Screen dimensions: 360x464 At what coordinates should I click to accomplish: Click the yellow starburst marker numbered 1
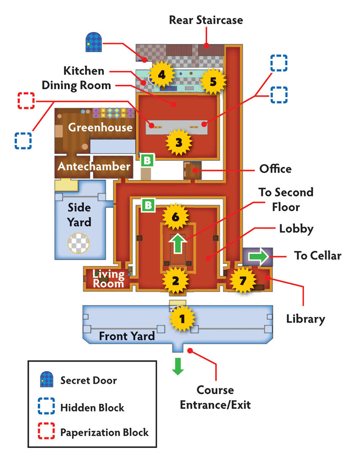coord(182,318)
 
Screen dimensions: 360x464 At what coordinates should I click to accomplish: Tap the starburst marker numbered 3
coord(178,142)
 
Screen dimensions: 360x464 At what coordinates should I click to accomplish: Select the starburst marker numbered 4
coord(161,75)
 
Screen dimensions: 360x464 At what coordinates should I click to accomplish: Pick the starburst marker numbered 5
coord(213,81)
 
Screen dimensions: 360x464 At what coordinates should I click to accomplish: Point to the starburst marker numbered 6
coord(175,217)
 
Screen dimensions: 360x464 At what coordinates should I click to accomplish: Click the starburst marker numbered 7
coord(243,280)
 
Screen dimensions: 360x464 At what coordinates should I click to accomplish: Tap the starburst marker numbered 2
coord(175,281)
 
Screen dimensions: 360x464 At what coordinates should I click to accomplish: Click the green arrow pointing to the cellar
coord(258,256)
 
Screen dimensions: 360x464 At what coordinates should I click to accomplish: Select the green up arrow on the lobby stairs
coord(177,243)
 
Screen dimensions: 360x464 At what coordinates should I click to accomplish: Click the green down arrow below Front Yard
coord(178,367)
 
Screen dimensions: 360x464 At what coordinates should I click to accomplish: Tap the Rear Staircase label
coord(206,20)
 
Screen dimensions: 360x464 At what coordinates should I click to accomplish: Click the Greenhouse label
coord(100,127)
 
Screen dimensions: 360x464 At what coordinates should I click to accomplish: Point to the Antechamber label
coord(94,166)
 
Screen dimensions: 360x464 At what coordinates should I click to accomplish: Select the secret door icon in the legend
coord(47,379)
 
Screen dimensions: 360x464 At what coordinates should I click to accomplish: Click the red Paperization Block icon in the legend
coord(46,431)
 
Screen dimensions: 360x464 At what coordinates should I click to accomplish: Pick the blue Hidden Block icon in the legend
coord(46,406)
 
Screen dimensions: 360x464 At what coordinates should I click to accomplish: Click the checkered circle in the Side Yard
coord(78,243)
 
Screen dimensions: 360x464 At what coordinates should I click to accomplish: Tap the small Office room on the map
coord(192,170)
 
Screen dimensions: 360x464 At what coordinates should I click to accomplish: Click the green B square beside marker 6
coord(148,205)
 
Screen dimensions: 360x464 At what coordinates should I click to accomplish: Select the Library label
coord(305,319)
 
